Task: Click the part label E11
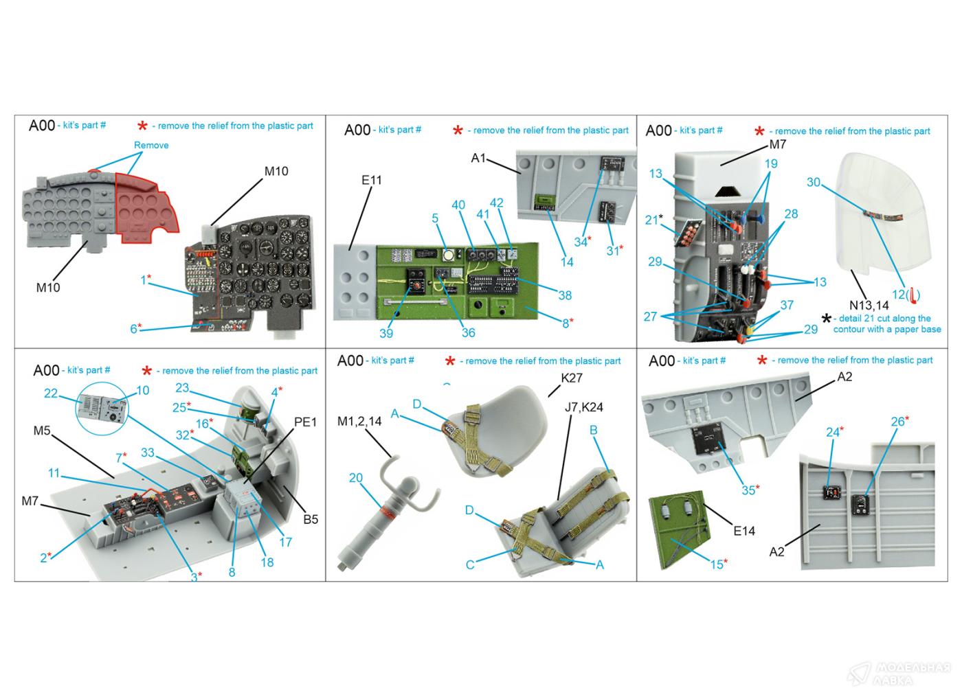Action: (x=370, y=180)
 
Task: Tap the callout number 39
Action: (x=386, y=334)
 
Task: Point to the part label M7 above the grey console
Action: (x=777, y=144)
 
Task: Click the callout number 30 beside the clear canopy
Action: (x=814, y=182)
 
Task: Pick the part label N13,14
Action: (x=869, y=306)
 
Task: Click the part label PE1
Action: (x=305, y=422)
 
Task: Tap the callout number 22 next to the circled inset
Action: (x=51, y=393)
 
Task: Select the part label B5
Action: (x=311, y=519)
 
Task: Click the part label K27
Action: (x=572, y=378)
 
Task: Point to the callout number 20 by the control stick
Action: (x=355, y=478)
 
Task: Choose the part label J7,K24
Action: (x=583, y=407)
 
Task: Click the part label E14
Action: (x=743, y=530)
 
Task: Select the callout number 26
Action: (x=897, y=422)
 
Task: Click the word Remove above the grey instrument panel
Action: (x=151, y=145)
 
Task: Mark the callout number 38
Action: (x=565, y=295)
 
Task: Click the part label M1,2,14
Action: (x=359, y=421)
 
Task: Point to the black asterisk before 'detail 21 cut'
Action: (x=827, y=319)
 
